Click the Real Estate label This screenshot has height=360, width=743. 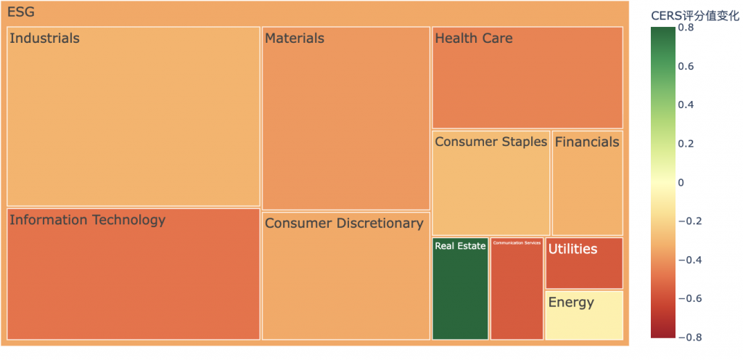(460, 246)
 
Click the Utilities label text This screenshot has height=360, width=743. (572, 249)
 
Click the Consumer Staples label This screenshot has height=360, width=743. (490, 142)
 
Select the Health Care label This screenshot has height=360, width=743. (473, 38)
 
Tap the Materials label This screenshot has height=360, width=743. (294, 38)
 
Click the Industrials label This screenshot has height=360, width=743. (44, 38)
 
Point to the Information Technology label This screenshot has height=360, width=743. (87, 220)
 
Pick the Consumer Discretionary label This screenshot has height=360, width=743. (343, 224)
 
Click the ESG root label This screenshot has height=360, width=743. (20, 12)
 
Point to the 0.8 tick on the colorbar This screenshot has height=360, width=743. (685, 28)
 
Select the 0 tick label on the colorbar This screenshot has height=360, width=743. (681, 183)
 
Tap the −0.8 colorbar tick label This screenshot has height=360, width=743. (689, 337)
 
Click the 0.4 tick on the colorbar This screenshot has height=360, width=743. (685, 105)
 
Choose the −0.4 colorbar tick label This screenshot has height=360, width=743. (689, 260)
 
